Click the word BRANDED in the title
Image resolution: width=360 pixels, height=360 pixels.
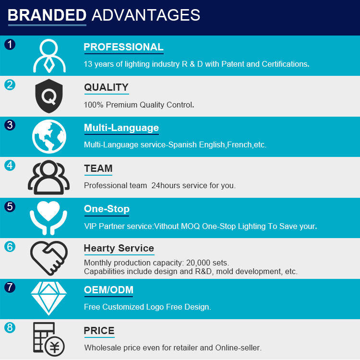pyautogui.click(x=47, y=15)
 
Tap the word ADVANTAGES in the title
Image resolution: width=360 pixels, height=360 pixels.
pyautogui.click(x=146, y=15)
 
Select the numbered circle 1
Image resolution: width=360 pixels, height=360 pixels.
pyautogui.click(x=10, y=44)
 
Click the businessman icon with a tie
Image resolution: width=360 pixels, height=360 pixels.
pyautogui.click(x=49, y=56)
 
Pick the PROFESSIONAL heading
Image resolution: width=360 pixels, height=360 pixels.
pyautogui.click(x=123, y=47)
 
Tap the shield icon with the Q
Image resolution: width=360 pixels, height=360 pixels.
pyautogui.click(x=49, y=96)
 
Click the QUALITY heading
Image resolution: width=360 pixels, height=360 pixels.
pyautogui.click(x=106, y=87)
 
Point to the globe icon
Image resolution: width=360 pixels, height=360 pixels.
pyautogui.click(x=49, y=136)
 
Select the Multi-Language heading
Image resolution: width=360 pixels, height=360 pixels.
pyautogui.click(x=121, y=128)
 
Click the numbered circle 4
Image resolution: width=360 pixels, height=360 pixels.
pyautogui.click(x=10, y=166)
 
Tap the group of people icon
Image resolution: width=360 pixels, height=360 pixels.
pyautogui.click(x=48, y=177)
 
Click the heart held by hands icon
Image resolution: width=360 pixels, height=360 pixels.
pyautogui.click(x=48, y=218)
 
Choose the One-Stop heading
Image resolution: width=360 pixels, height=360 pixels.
pyautogui.click(x=107, y=209)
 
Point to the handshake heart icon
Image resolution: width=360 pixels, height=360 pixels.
pyautogui.click(x=49, y=258)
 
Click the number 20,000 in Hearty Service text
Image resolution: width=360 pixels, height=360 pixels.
pyautogui.click(x=198, y=263)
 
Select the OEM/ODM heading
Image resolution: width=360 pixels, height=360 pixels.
pyautogui.click(x=108, y=290)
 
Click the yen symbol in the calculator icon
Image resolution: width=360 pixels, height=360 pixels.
pyautogui.click(x=55, y=347)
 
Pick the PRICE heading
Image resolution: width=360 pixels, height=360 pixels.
pyautogui.click(x=99, y=331)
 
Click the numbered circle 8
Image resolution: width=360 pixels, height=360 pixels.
pyautogui.click(x=10, y=327)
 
